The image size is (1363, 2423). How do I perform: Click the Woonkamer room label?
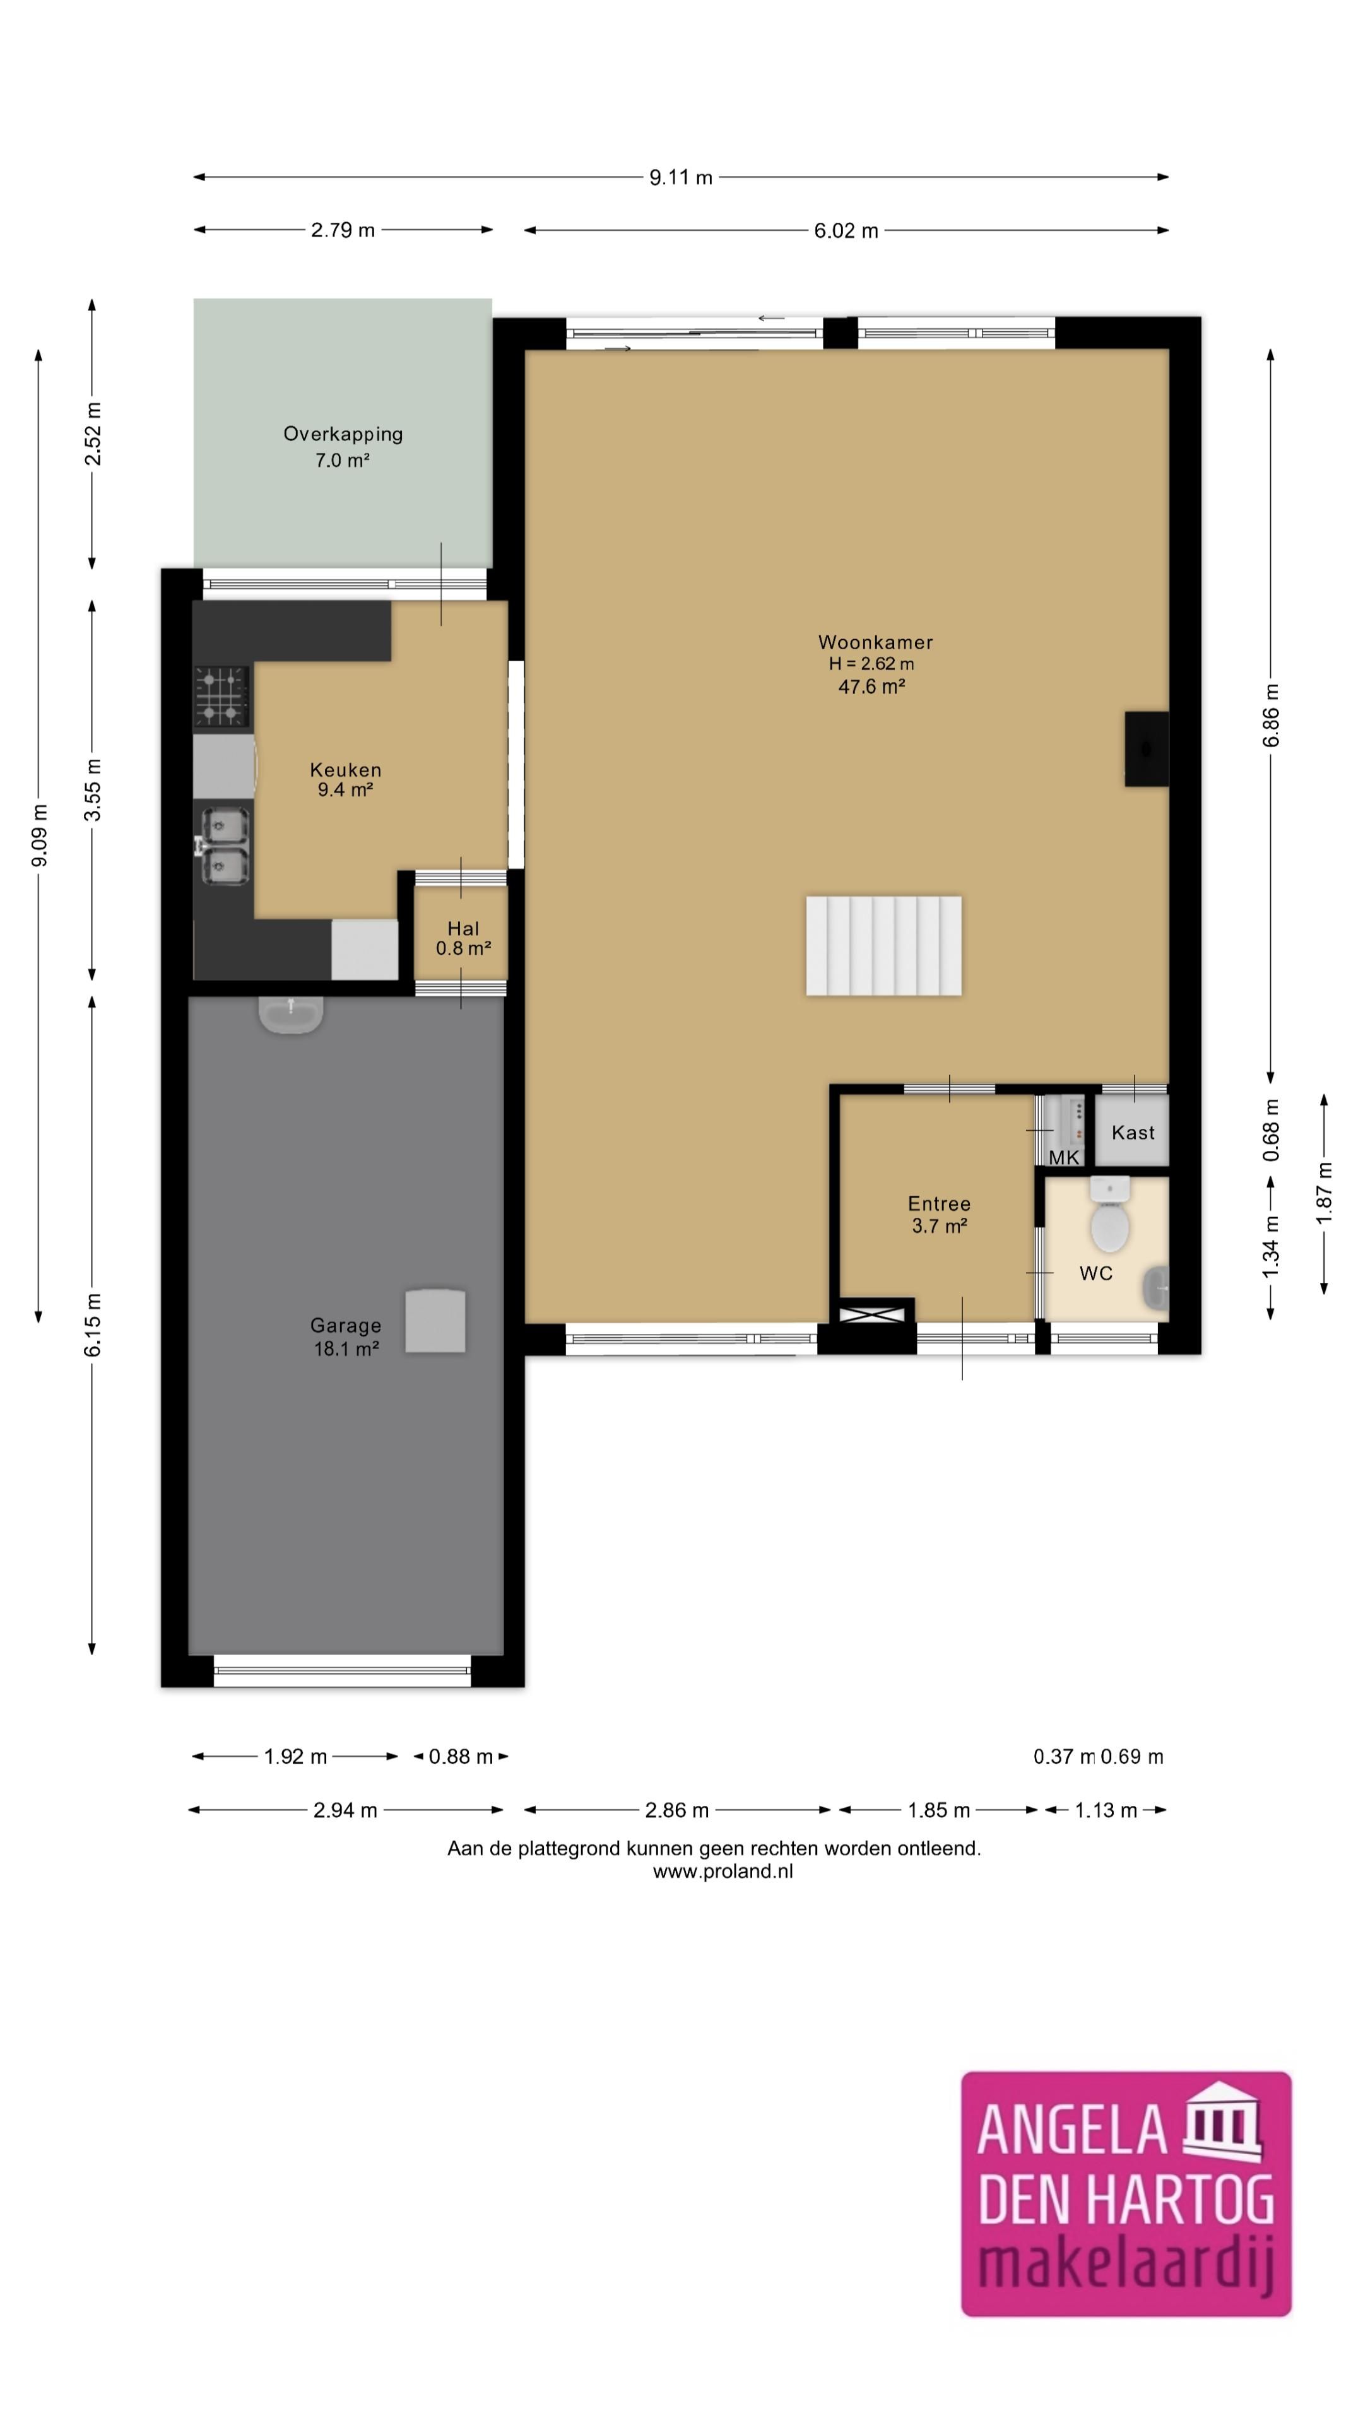875,642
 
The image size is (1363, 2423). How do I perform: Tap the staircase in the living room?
883,945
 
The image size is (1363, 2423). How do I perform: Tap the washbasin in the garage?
291,1014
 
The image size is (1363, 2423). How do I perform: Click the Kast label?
1133,1133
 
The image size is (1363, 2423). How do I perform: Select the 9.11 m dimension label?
680,177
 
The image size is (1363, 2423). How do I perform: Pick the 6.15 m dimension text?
92,1324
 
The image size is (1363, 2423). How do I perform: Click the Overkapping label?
343,435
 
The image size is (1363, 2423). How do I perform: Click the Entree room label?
939,1203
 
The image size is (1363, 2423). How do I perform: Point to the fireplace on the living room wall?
1147,749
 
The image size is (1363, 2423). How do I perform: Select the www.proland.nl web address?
723,1872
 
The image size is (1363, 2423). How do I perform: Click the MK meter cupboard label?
1064,1158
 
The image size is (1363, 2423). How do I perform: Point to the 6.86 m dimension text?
1271,716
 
